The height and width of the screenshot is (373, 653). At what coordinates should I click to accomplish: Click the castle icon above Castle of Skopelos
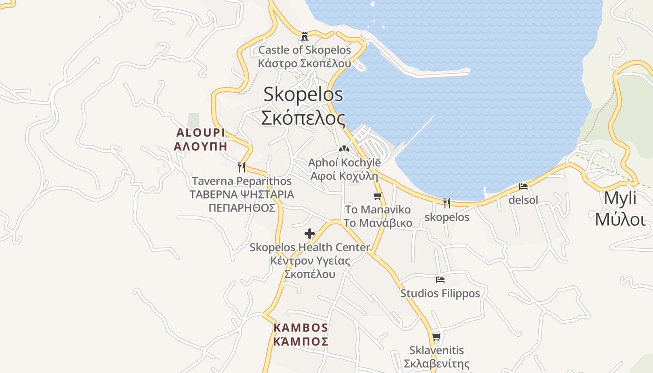coord(305,36)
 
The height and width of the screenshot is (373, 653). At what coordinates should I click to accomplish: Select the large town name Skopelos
coord(303,94)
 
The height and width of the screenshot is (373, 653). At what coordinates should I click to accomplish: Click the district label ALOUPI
coord(201,132)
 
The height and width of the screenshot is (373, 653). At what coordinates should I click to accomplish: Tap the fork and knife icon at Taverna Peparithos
coord(241,167)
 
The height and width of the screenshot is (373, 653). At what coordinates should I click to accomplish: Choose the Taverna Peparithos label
coord(242,181)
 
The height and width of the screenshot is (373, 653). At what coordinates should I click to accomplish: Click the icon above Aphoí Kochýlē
coord(344,149)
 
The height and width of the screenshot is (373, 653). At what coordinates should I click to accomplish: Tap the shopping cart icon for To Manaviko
coord(378,196)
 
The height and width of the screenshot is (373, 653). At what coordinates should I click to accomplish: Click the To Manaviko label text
coord(378,209)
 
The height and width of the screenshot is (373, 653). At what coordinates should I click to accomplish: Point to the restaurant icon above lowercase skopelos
coord(447,203)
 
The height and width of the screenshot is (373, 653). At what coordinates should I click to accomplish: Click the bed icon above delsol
coord(523,186)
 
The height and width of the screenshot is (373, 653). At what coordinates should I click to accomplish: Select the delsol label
coord(523,200)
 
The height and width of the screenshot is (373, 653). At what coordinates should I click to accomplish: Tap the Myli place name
coord(620,198)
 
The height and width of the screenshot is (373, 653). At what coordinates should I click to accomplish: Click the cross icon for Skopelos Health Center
coord(310,234)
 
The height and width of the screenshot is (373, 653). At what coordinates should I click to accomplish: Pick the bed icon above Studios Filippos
coord(440,280)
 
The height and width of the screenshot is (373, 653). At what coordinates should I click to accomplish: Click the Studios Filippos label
coord(440,293)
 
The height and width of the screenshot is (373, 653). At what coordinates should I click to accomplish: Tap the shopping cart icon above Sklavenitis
coord(436,337)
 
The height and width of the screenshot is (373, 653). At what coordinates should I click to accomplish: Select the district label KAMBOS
coord(301,327)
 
